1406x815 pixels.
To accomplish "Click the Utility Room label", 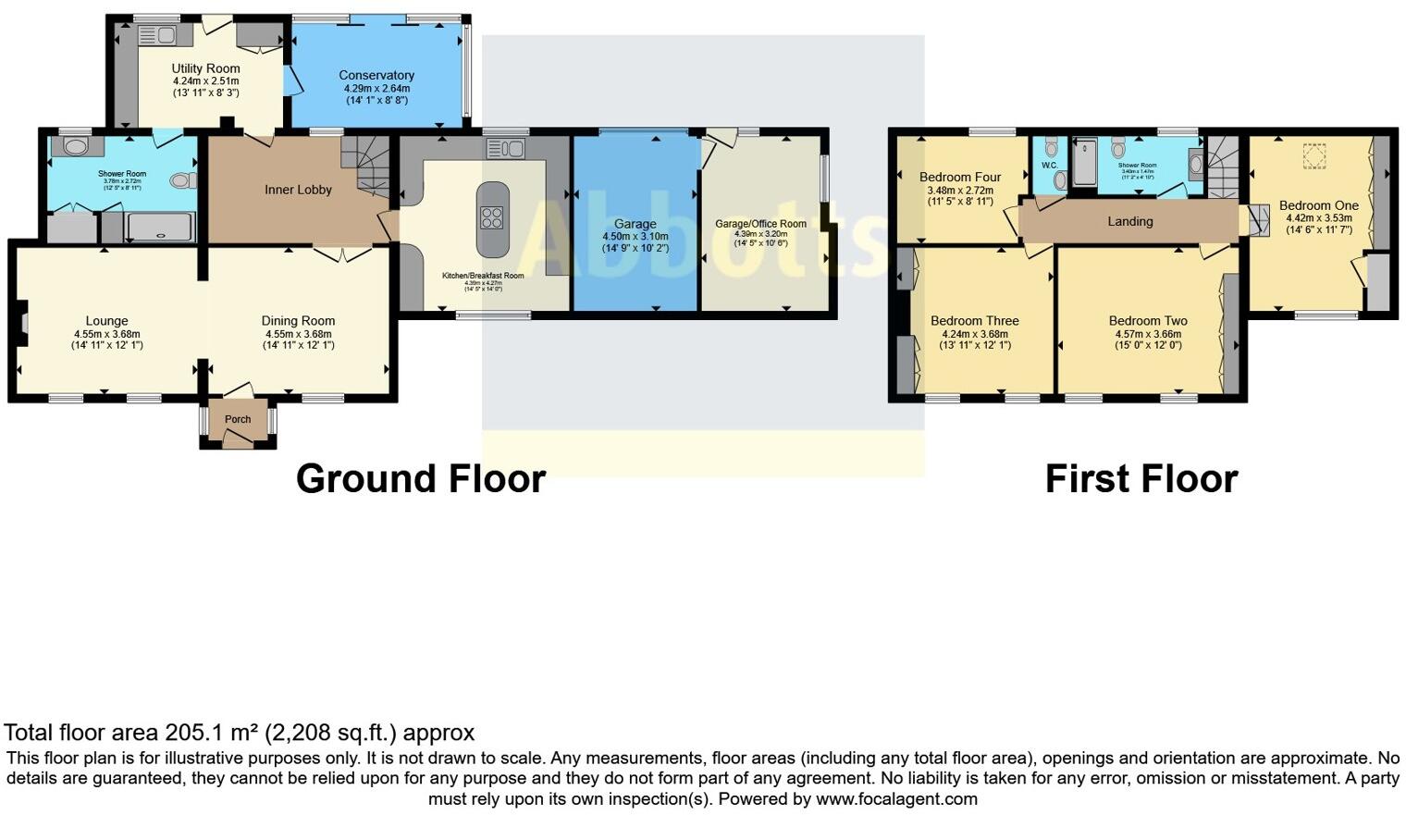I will tap(205, 68).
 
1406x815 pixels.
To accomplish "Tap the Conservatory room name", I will tap(376, 75).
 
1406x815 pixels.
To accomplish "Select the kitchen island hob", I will tap(492, 218).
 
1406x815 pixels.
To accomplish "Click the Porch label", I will tap(238, 419).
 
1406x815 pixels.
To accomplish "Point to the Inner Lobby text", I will tap(298, 190).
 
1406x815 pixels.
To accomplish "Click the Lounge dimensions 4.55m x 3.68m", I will tap(107, 334).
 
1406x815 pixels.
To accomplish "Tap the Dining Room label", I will tap(298, 321).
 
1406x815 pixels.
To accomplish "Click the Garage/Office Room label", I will tap(760, 224).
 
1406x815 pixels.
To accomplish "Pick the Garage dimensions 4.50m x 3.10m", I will tap(635, 237).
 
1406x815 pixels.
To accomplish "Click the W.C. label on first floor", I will tap(1049, 166).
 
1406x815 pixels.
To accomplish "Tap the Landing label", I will tap(1129, 221).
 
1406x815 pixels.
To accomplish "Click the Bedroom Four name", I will tap(960, 177).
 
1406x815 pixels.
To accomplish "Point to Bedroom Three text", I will tap(974, 321).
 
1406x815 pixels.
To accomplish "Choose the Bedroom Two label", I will tap(1147, 321).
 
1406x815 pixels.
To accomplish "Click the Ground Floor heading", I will tap(421, 479).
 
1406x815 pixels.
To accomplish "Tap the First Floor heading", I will tap(1141, 479).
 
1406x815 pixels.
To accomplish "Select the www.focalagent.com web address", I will tap(895, 798).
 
